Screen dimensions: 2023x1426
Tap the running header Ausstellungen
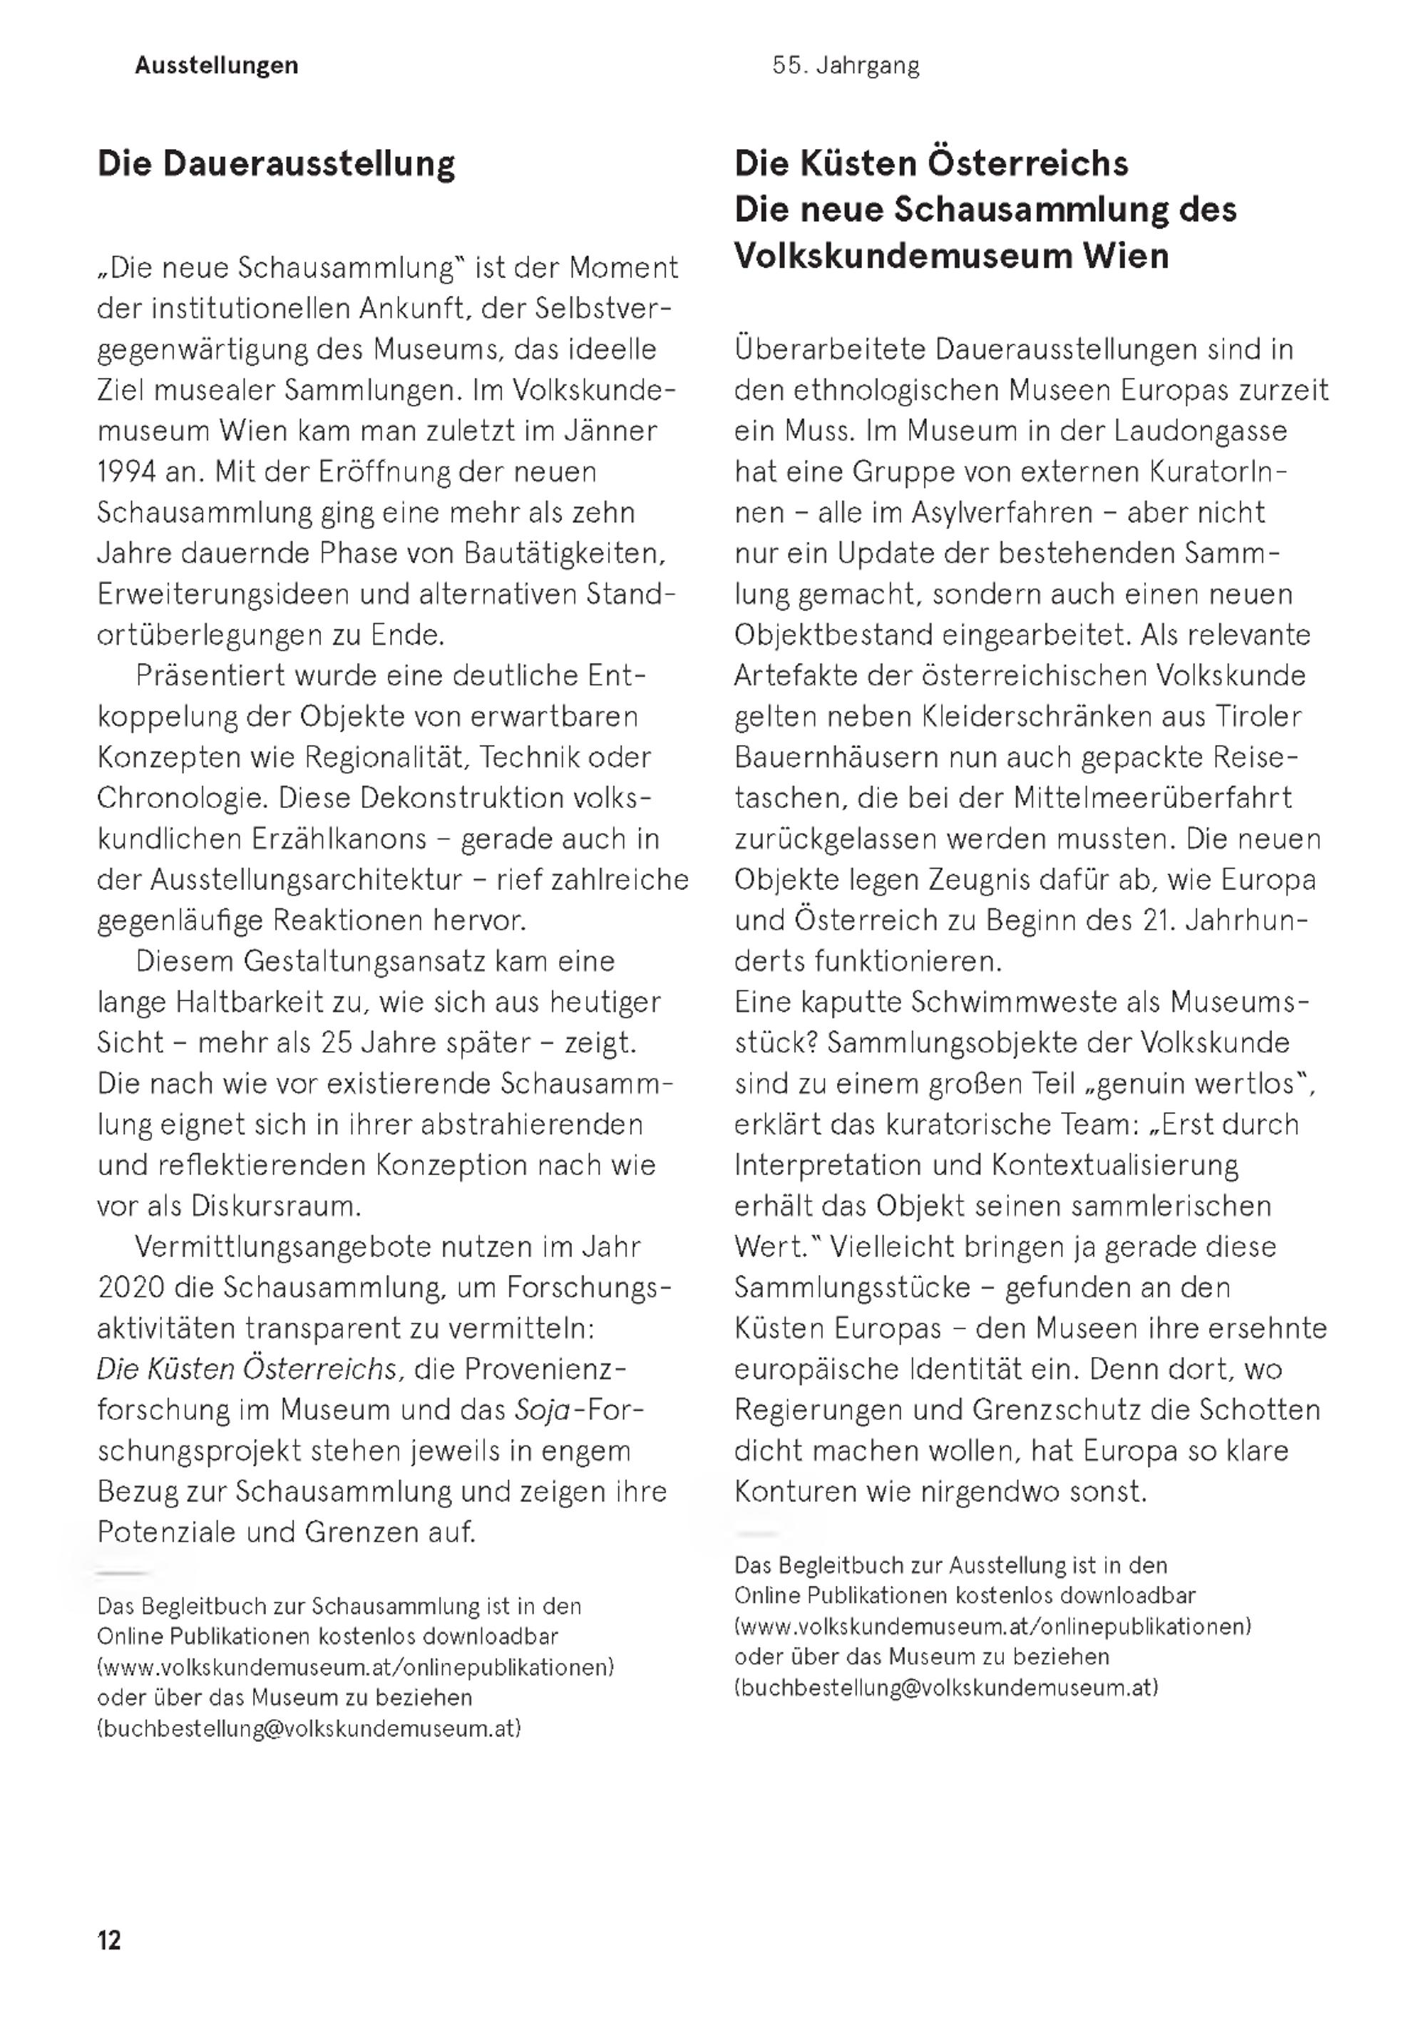tap(217, 65)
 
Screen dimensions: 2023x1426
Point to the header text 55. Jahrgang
tap(846, 65)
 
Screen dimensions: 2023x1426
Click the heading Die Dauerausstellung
tap(276, 164)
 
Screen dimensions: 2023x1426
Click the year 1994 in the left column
tap(127, 472)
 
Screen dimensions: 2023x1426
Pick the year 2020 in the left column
tap(131, 1287)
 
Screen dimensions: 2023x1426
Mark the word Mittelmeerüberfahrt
tap(1152, 798)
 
